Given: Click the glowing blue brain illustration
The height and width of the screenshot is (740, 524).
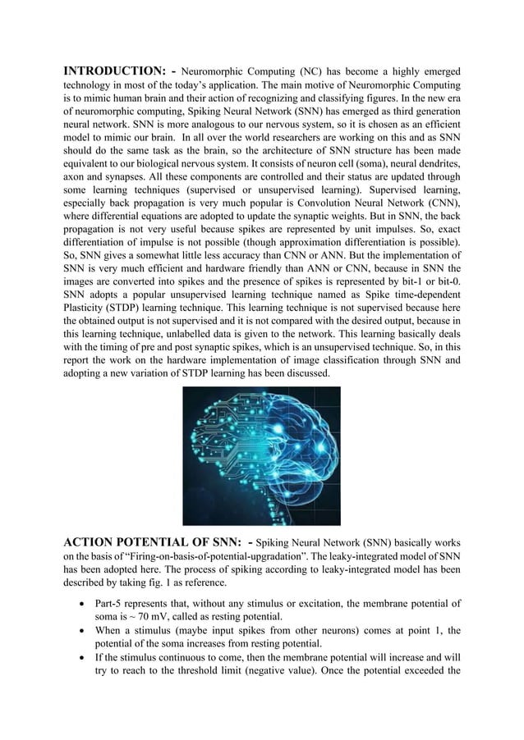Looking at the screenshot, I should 261,455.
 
